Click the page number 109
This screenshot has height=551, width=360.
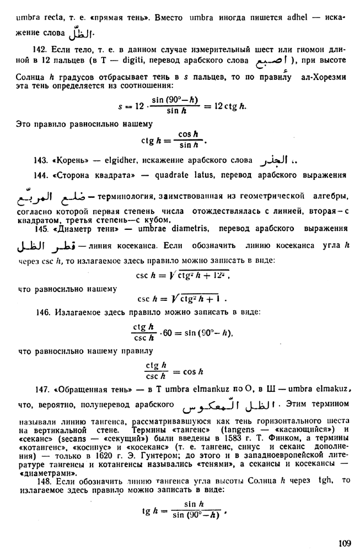click(345, 543)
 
